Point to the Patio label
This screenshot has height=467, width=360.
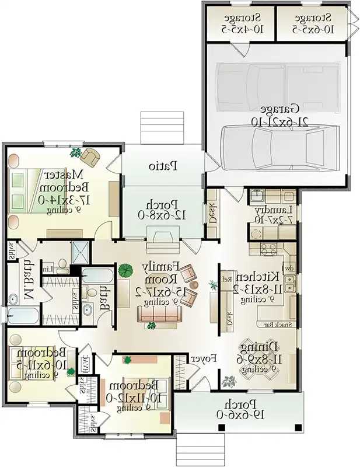click(162, 166)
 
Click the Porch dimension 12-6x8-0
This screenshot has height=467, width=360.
click(162, 214)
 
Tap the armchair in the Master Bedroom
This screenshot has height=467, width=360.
click(90, 156)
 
